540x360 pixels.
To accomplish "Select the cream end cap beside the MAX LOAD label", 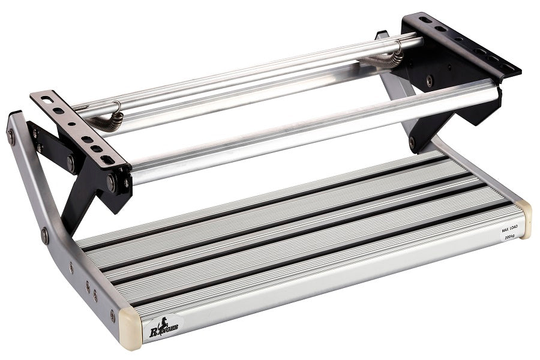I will pyautogui.click(x=525, y=218).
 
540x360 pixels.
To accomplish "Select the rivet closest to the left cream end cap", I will pyautogui.click(x=112, y=314).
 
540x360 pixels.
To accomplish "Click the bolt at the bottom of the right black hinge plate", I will pyautogui.click(x=412, y=143).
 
